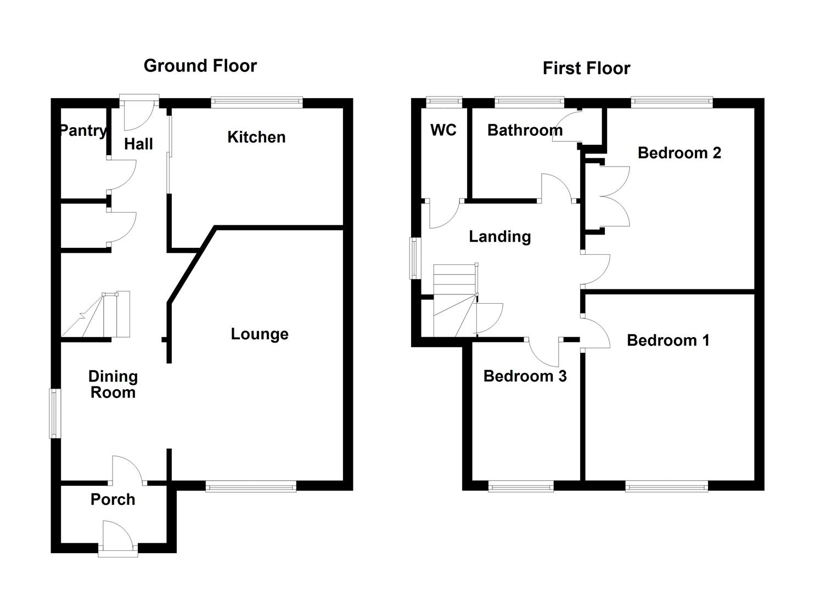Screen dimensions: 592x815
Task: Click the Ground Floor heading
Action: (200, 66)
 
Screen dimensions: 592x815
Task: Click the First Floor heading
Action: (586, 68)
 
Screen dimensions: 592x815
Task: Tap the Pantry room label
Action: (83, 130)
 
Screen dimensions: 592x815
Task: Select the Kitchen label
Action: (256, 137)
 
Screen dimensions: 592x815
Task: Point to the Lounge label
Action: (259, 334)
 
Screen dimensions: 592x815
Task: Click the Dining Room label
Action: (113, 384)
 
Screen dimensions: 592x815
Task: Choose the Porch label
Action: (113, 499)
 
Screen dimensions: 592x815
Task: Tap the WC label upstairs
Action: (443, 130)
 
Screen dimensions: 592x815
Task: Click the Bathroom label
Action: (525, 130)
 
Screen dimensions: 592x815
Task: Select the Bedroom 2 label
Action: (679, 152)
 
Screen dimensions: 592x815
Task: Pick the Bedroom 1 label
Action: (668, 340)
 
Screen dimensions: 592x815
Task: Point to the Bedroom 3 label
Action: (525, 376)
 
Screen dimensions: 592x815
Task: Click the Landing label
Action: (499, 236)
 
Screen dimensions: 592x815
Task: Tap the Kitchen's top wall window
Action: (257, 101)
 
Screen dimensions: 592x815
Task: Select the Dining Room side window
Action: (54, 413)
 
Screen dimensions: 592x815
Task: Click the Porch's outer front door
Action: (117, 539)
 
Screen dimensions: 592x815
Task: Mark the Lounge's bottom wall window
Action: (251, 486)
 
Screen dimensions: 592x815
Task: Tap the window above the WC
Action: (445, 101)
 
